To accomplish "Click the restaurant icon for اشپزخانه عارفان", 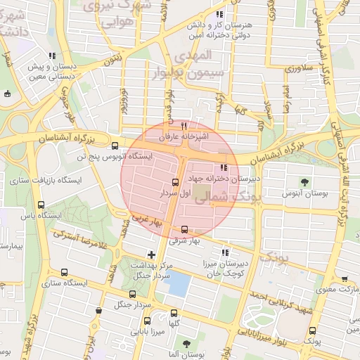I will click(x=184, y=126).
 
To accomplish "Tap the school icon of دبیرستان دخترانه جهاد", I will click(x=224, y=167).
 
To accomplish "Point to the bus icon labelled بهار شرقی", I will click(x=185, y=229).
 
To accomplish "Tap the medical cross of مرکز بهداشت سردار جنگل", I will click(x=151, y=254).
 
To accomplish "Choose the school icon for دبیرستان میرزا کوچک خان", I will click(x=225, y=252).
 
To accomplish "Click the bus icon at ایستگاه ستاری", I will click(x=65, y=273).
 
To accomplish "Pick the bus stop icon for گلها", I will click(x=174, y=314).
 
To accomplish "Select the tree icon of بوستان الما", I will click(x=186, y=344).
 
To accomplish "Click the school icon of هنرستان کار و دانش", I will click(x=219, y=14).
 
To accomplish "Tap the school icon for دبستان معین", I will click(x=51, y=56).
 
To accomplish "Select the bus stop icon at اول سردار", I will click(x=176, y=181).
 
